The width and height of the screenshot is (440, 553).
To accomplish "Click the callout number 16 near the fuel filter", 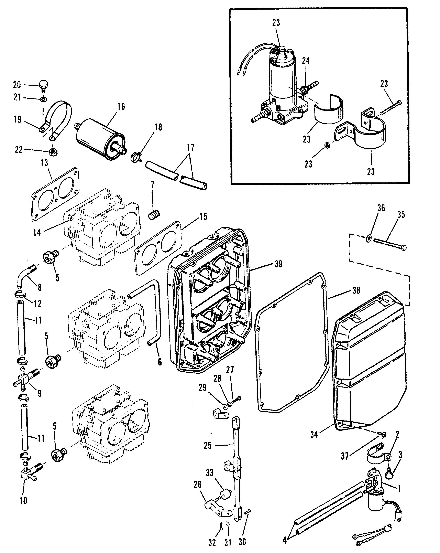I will coord(121,106).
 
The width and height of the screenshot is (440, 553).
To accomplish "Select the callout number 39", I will coord(278,264).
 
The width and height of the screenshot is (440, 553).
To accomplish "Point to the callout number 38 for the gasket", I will coord(356,291).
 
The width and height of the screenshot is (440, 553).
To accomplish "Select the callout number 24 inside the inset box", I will coord(306,61).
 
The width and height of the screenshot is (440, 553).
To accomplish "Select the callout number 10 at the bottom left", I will coord(23,500).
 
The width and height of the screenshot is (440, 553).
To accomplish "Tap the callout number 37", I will coord(345,456).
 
